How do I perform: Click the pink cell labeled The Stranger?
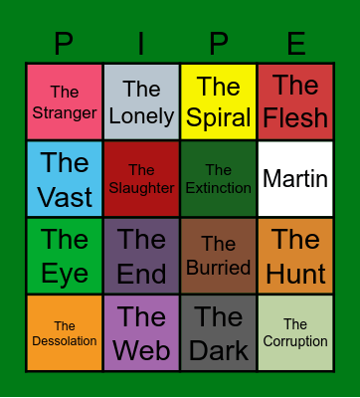(65, 102)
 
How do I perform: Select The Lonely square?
(141, 102)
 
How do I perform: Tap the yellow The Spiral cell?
(218, 102)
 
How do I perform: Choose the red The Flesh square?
(295, 102)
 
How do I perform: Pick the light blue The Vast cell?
(65, 179)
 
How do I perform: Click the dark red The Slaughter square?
(141, 179)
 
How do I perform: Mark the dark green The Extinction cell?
(218, 179)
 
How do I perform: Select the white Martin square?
(295, 179)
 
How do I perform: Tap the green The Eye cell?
(65, 256)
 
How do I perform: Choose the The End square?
(141, 256)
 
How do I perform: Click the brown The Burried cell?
(218, 256)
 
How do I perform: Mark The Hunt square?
(295, 256)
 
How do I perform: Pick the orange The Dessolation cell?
(65, 333)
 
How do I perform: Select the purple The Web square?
(141, 333)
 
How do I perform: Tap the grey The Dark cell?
(218, 333)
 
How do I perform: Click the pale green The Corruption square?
(295, 333)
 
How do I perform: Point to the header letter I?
(141, 44)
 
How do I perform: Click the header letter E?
(295, 44)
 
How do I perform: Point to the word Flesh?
(295, 117)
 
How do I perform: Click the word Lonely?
(141, 115)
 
